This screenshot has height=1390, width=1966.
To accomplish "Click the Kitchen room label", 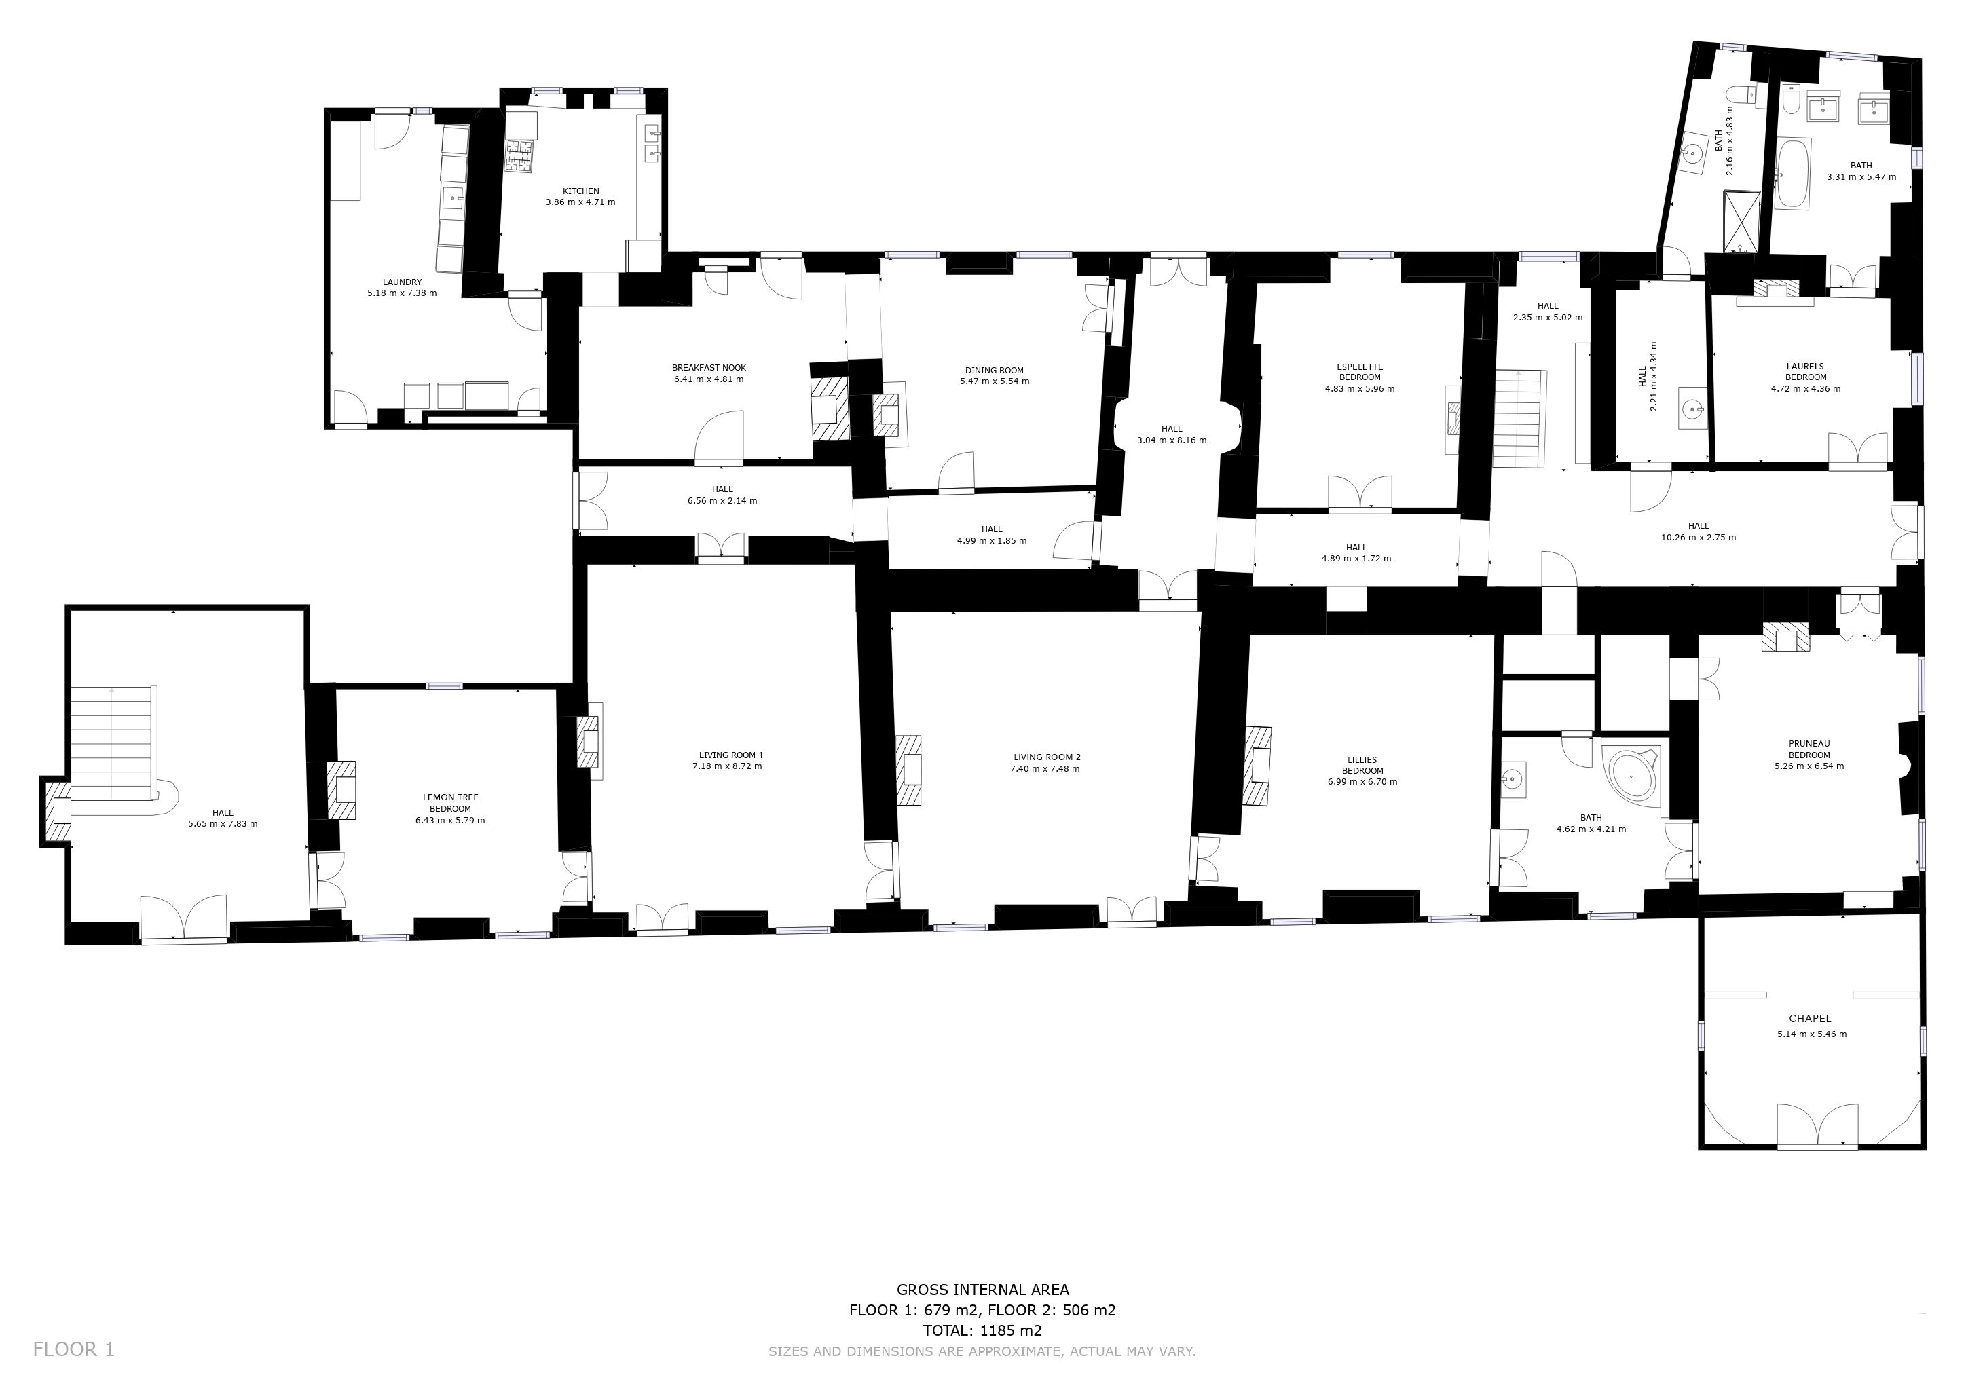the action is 580,191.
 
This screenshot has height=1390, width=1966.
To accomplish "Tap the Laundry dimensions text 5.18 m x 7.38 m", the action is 402,293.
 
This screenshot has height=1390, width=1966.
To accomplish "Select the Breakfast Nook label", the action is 709,368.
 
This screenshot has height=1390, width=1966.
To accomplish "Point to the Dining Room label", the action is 994,371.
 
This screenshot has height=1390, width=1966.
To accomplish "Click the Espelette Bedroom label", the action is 1360,373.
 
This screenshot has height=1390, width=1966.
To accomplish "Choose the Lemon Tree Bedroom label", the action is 450,803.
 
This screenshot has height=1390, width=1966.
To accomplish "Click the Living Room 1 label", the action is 730,755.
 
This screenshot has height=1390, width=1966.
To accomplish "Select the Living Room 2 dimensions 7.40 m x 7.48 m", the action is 1046,768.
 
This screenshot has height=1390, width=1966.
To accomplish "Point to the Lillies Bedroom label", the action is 1362,765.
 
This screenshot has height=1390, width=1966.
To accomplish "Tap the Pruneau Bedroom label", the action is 1809,749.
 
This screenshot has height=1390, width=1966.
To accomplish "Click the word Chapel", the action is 1810,1019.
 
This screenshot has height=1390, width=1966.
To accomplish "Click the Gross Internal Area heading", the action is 982,1290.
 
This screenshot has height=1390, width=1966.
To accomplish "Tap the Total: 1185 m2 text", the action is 982,1331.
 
